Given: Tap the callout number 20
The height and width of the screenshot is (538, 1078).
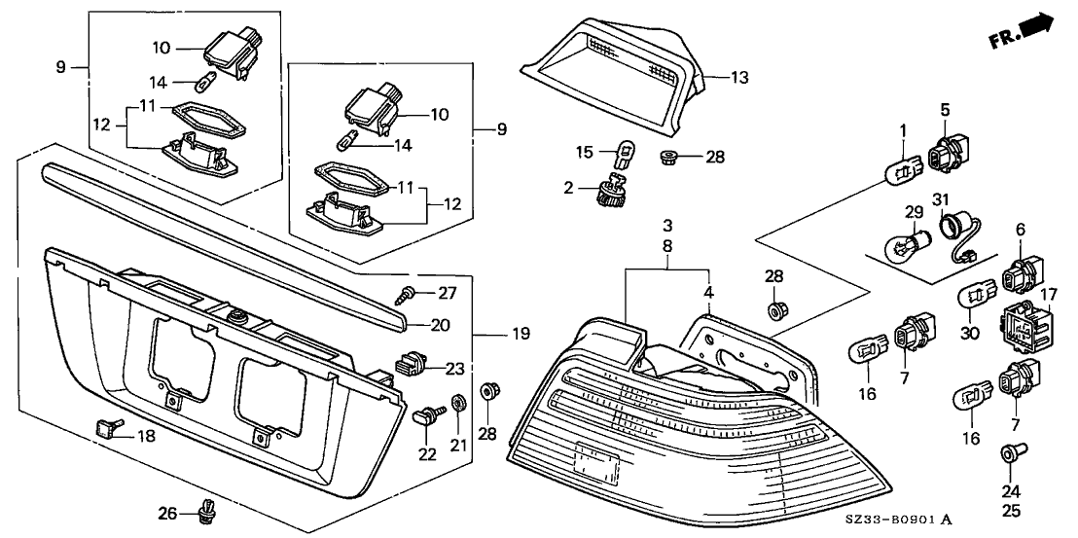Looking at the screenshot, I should (441, 326).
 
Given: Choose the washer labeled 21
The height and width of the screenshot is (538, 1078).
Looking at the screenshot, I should (458, 402).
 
